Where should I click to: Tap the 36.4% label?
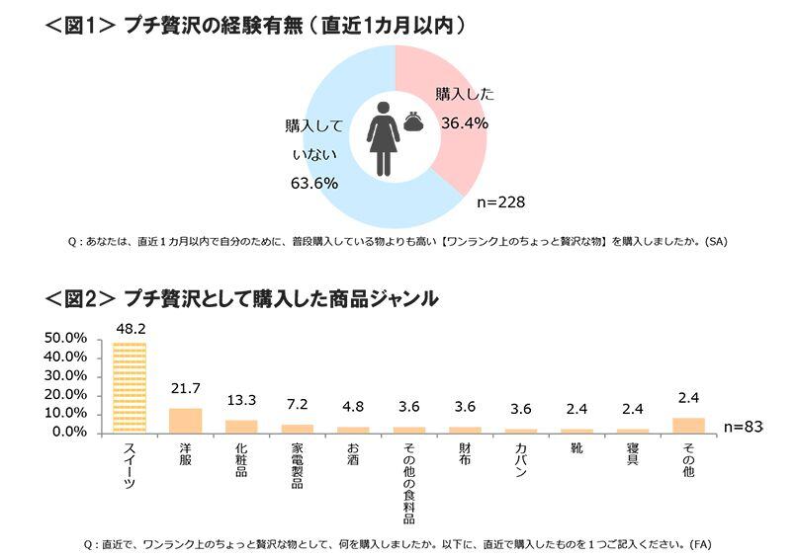tap(462, 122)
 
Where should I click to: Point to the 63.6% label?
tap(313, 183)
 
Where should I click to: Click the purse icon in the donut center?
tap(413, 123)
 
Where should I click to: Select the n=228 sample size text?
tap(499, 201)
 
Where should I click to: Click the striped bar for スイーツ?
tap(130, 387)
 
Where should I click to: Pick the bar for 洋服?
tap(185, 421)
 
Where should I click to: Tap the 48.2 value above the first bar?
tap(130, 328)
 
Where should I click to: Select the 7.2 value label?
tap(297, 406)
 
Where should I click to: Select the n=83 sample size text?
tap(743, 427)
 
